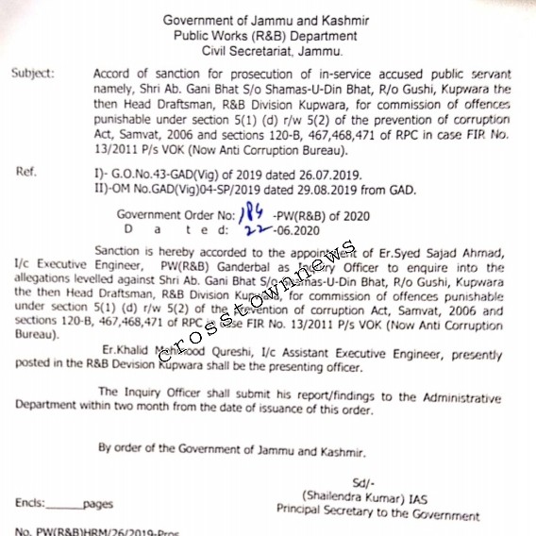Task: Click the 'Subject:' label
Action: (x=35, y=72)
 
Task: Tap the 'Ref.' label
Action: (x=27, y=172)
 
